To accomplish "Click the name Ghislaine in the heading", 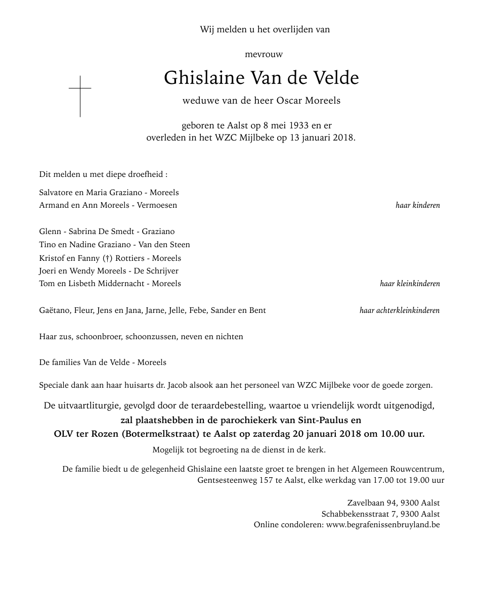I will [x=204, y=78].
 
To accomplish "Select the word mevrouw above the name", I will [x=264, y=54].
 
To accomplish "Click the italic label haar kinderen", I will [x=417, y=205].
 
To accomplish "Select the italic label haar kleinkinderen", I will [x=410, y=284].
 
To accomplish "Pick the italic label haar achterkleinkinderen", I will [x=400, y=310].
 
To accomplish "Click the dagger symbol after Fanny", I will [x=106, y=258].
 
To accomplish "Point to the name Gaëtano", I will [x=55, y=310].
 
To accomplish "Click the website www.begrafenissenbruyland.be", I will [x=383, y=525].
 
